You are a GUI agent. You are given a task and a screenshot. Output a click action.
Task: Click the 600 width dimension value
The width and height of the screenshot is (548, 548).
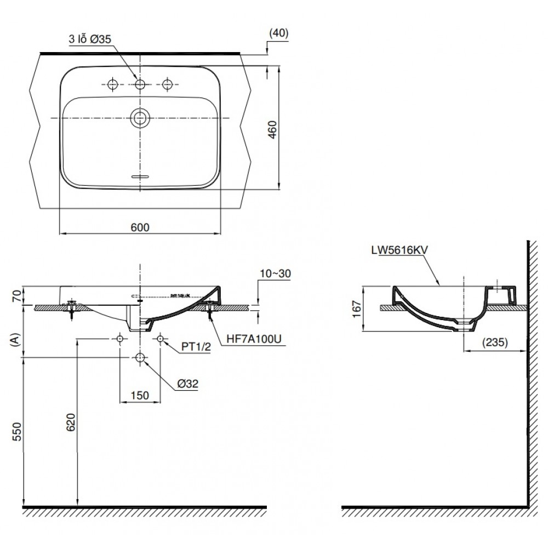click(140, 226)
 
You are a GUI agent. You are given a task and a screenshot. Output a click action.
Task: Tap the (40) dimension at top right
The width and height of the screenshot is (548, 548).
click(278, 33)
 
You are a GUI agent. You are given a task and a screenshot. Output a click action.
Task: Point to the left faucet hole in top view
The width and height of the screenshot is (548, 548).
click(113, 84)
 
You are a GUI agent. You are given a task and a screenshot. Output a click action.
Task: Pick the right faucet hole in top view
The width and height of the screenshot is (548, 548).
click(168, 84)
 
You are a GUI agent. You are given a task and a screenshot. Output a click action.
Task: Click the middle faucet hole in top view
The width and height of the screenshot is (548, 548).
click(140, 84)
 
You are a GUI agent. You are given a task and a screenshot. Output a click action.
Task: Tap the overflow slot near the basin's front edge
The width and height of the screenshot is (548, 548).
click(140, 176)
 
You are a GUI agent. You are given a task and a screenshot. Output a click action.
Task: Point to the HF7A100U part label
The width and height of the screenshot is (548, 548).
click(254, 339)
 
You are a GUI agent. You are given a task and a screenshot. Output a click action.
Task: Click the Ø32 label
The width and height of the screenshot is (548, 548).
click(187, 384)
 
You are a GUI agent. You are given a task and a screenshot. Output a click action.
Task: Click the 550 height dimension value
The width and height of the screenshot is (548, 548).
click(16, 432)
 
